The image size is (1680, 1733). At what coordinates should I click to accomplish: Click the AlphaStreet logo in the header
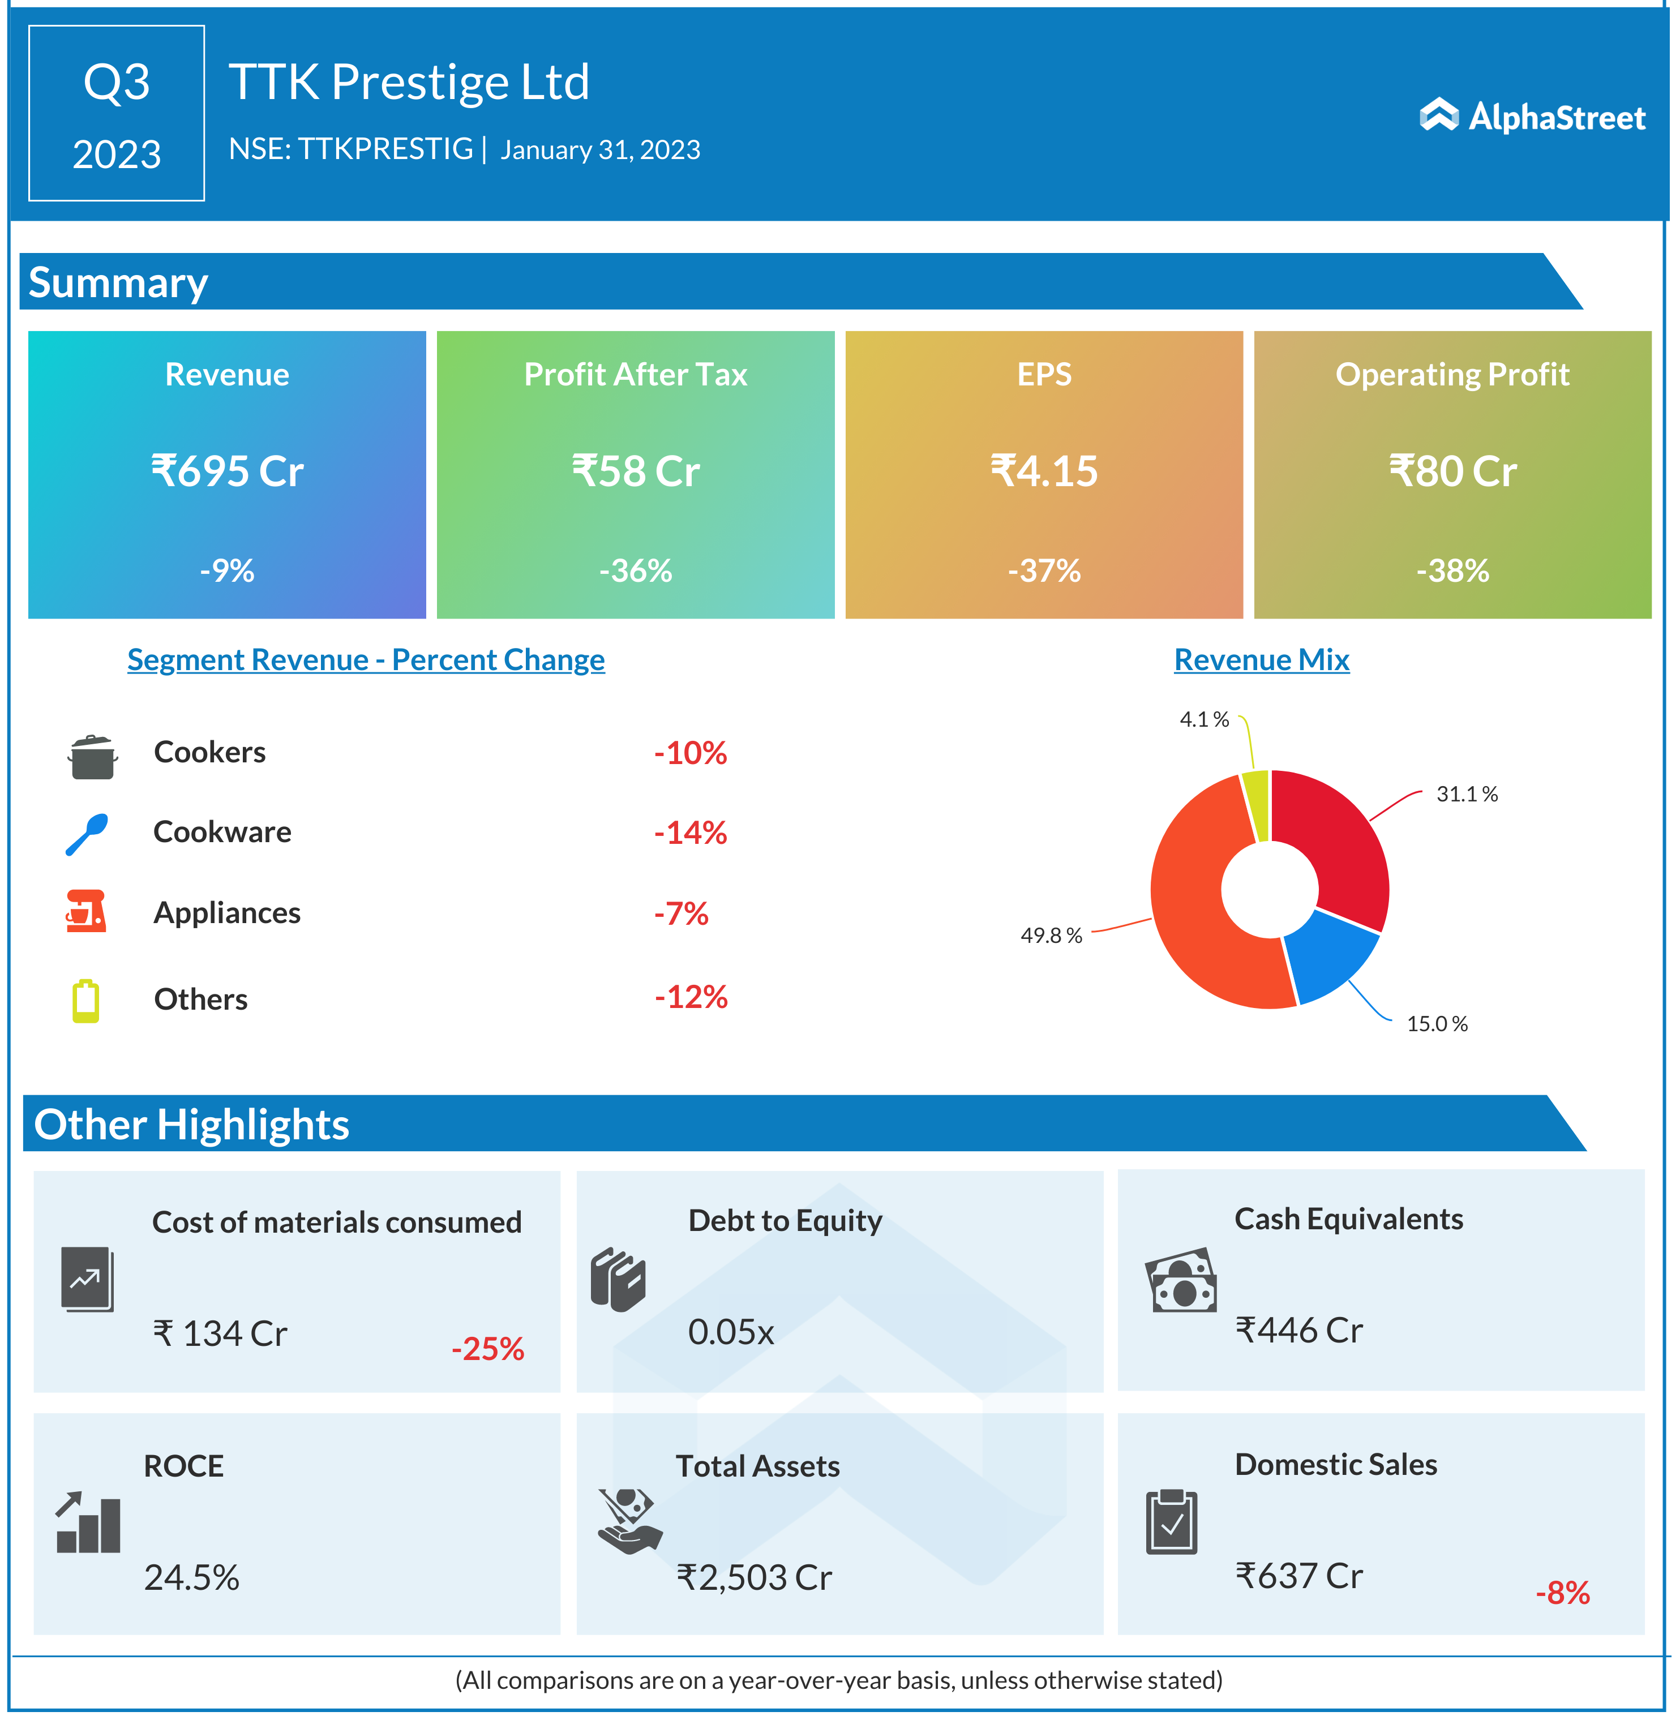coord(1532,116)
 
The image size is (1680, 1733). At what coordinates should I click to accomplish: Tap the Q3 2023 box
coord(117,113)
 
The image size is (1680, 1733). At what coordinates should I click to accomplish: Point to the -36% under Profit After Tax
coord(636,570)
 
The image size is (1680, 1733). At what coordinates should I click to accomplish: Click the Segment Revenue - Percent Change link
coord(366,659)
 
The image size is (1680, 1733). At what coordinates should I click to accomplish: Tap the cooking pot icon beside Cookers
coord(92,756)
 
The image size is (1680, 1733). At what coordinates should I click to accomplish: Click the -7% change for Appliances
coord(681,913)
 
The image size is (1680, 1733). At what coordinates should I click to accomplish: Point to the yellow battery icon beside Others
coord(86,1001)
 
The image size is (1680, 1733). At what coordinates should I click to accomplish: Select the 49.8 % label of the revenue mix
coord(1051,936)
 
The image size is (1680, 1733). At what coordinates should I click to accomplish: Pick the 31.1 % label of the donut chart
coord(1467,794)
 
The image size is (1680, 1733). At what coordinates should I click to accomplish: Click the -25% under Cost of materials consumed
coord(487,1348)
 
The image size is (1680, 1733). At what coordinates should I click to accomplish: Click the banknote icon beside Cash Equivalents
coord(1180,1280)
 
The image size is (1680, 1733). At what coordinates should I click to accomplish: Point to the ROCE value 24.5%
coord(192,1577)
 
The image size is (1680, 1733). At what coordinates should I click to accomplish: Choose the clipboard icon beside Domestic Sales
coord(1172,1522)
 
